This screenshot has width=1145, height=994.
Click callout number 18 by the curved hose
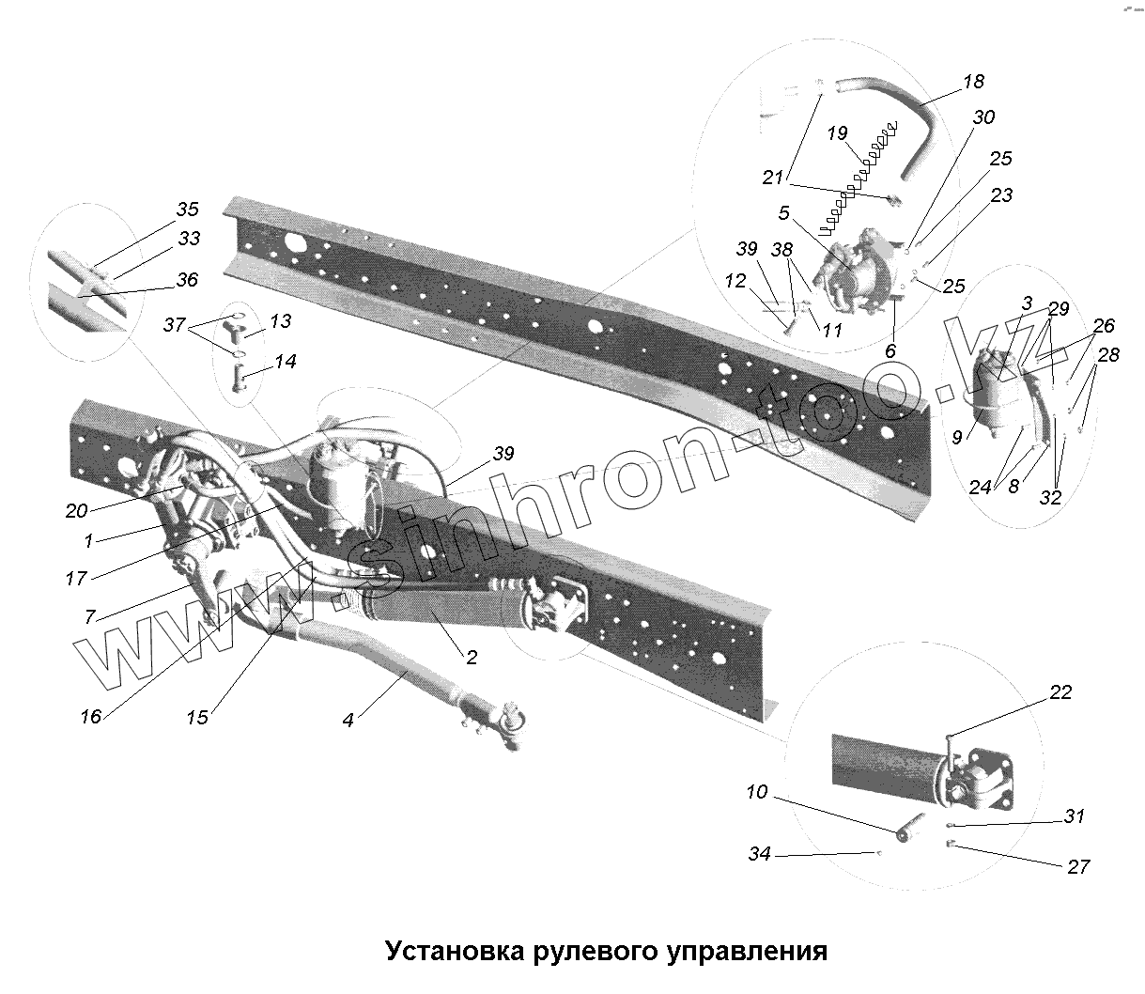pos(973,82)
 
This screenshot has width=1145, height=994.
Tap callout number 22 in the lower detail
pos(1060,693)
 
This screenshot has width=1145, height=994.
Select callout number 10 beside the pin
pos(757,793)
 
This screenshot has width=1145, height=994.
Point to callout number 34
pos(759,854)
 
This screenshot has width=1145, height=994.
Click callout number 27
pos(1077,866)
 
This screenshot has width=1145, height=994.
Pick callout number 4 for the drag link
pos(348,721)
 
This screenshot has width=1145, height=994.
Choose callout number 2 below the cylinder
pos(472,658)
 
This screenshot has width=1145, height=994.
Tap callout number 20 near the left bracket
pos(77,510)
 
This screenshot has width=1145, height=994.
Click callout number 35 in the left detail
pos(188,209)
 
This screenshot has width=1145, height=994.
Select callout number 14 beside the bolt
pos(286,362)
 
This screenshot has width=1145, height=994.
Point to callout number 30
pos(983,117)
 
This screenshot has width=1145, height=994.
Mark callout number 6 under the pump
pos(890,349)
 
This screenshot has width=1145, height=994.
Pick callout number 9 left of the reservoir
pos(956,436)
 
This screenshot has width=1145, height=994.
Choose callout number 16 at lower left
pos(90,717)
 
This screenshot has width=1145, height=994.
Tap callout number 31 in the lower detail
pos(1075,816)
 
